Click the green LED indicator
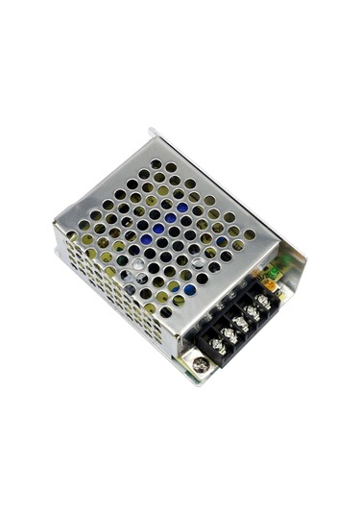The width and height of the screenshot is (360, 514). click(x=274, y=273)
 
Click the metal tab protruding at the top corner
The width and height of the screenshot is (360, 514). click(x=152, y=132)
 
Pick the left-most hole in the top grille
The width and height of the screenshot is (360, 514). click(x=71, y=236)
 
